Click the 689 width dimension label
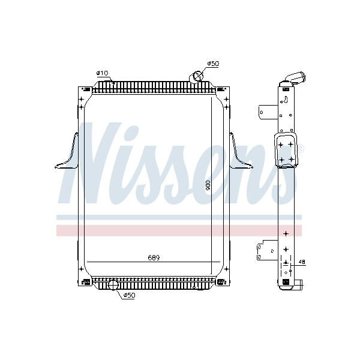(x=154, y=258)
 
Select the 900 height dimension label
(x=208, y=185)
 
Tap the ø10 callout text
(x=102, y=73)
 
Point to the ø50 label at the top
(x=213, y=64)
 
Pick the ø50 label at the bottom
(x=129, y=295)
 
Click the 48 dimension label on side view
(x=302, y=262)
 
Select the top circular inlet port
(x=197, y=76)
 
